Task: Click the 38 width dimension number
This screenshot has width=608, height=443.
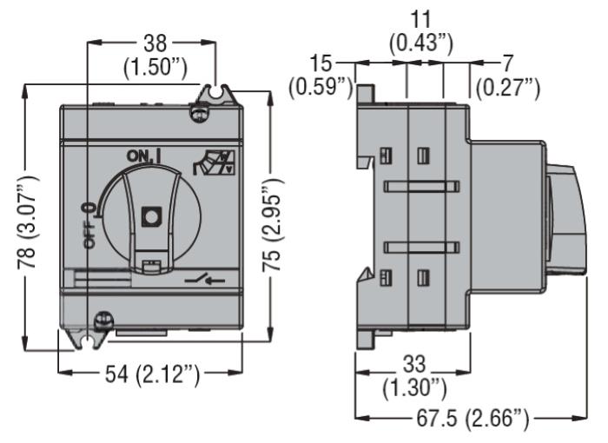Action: (155, 43)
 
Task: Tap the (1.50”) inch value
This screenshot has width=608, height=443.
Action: (155, 68)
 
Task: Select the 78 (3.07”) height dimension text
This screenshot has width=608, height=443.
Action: (28, 221)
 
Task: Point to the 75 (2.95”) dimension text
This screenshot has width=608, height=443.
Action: (273, 225)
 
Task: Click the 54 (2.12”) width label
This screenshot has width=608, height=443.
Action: (152, 374)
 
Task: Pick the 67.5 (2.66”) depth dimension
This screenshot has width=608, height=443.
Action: (473, 419)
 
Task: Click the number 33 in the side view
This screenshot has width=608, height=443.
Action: (414, 364)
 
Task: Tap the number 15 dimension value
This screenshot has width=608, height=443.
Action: (321, 63)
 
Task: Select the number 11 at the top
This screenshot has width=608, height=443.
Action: (420, 19)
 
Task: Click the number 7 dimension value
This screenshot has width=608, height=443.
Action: (508, 63)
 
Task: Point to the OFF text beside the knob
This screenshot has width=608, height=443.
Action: (90, 236)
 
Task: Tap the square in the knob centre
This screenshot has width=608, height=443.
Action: (152, 216)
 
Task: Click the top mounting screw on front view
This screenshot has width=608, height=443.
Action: (198, 114)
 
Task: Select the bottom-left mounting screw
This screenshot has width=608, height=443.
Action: (104, 320)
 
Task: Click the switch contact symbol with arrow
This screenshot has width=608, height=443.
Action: (205, 279)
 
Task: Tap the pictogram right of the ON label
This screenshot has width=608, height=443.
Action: (215, 162)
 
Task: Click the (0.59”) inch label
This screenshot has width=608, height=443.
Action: (321, 87)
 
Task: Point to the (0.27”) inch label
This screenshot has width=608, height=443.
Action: (508, 88)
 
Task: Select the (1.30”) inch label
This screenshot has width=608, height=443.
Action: (414, 388)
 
